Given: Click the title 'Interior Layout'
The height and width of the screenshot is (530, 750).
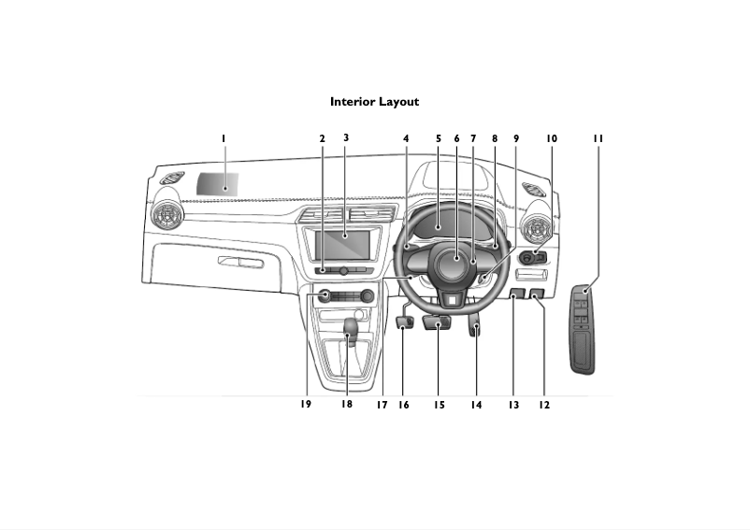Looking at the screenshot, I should (374, 102).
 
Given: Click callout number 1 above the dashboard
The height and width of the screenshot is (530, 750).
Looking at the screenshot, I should (224, 139).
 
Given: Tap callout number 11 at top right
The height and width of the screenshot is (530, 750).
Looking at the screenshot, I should (598, 139).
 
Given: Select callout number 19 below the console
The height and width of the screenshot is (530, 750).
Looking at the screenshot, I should (306, 405).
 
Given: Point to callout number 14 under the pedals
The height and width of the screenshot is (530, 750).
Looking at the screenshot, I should (476, 406).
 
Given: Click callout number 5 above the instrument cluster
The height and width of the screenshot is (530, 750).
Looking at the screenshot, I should (438, 139).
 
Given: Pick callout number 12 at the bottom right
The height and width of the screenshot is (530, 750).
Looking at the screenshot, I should (544, 406).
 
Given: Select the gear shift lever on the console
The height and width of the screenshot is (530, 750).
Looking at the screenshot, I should (352, 328).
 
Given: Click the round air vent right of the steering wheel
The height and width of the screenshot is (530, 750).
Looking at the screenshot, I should (541, 227).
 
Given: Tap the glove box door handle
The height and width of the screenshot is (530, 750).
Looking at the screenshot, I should (240, 261).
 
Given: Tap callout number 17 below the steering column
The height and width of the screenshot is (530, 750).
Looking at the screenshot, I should (382, 406).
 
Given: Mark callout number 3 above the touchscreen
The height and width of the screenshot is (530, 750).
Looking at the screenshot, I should (346, 138).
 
